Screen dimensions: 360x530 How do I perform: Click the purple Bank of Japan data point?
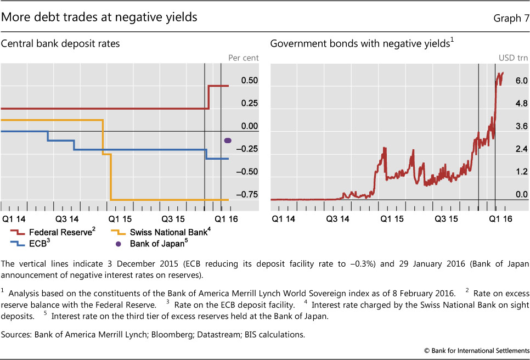(228, 140)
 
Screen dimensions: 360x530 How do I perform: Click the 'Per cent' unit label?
(243, 57)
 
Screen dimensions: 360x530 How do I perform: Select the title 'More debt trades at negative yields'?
(99, 17)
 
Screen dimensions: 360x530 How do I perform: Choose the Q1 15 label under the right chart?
(393, 218)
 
